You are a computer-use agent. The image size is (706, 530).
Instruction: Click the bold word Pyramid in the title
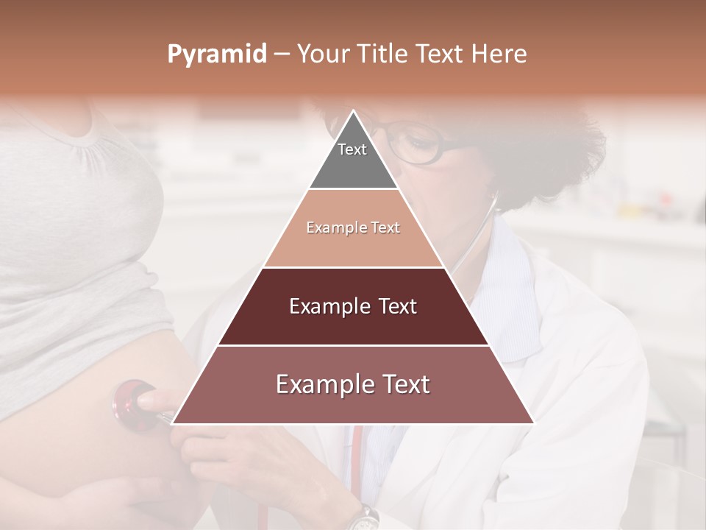click(217, 54)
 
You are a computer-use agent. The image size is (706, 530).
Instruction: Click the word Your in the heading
click(322, 54)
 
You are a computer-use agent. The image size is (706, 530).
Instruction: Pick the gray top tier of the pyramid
click(353, 166)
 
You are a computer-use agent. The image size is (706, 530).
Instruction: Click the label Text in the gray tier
click(352, 149)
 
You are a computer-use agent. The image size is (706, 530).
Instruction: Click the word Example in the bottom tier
click(321, 384)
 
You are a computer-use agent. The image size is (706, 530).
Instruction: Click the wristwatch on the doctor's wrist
click(362, 518)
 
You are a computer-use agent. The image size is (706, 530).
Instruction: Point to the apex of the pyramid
click(354, 113)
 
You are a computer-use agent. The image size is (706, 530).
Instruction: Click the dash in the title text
click(282, 54)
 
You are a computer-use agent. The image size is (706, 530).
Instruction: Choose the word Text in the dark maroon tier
click(393, 306)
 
